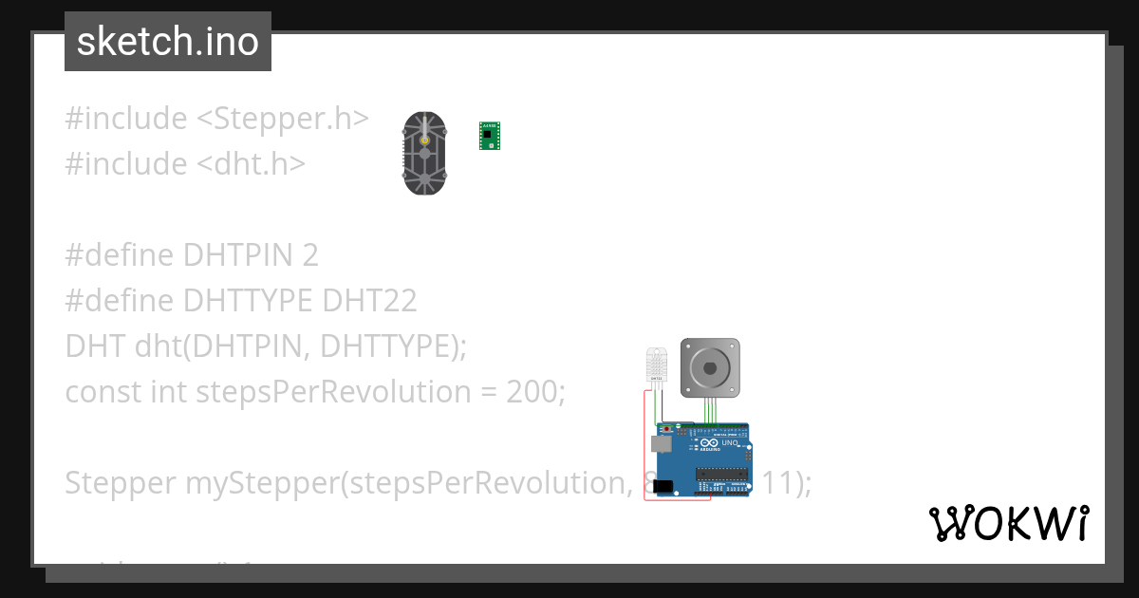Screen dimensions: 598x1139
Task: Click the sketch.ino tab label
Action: tap(167, 42)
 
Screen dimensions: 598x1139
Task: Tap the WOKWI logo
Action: tap(1008, 523)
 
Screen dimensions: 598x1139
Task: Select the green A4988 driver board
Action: tap(490, 136)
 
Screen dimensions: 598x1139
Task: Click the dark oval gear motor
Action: tap(424, 154)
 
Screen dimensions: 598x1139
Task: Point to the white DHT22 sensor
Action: tap(656, 364)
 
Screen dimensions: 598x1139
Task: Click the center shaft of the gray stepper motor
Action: tap(710, 365)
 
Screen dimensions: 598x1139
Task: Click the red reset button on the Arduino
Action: tap(666, 429)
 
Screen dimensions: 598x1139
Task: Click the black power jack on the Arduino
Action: tap(663, 486)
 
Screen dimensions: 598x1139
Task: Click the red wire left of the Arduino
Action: tap(645, 446)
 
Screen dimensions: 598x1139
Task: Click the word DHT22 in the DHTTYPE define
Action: tap(369, 301)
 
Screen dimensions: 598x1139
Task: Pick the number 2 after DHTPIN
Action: tap(310, 255)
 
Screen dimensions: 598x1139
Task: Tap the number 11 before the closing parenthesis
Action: tap(778, 483)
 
